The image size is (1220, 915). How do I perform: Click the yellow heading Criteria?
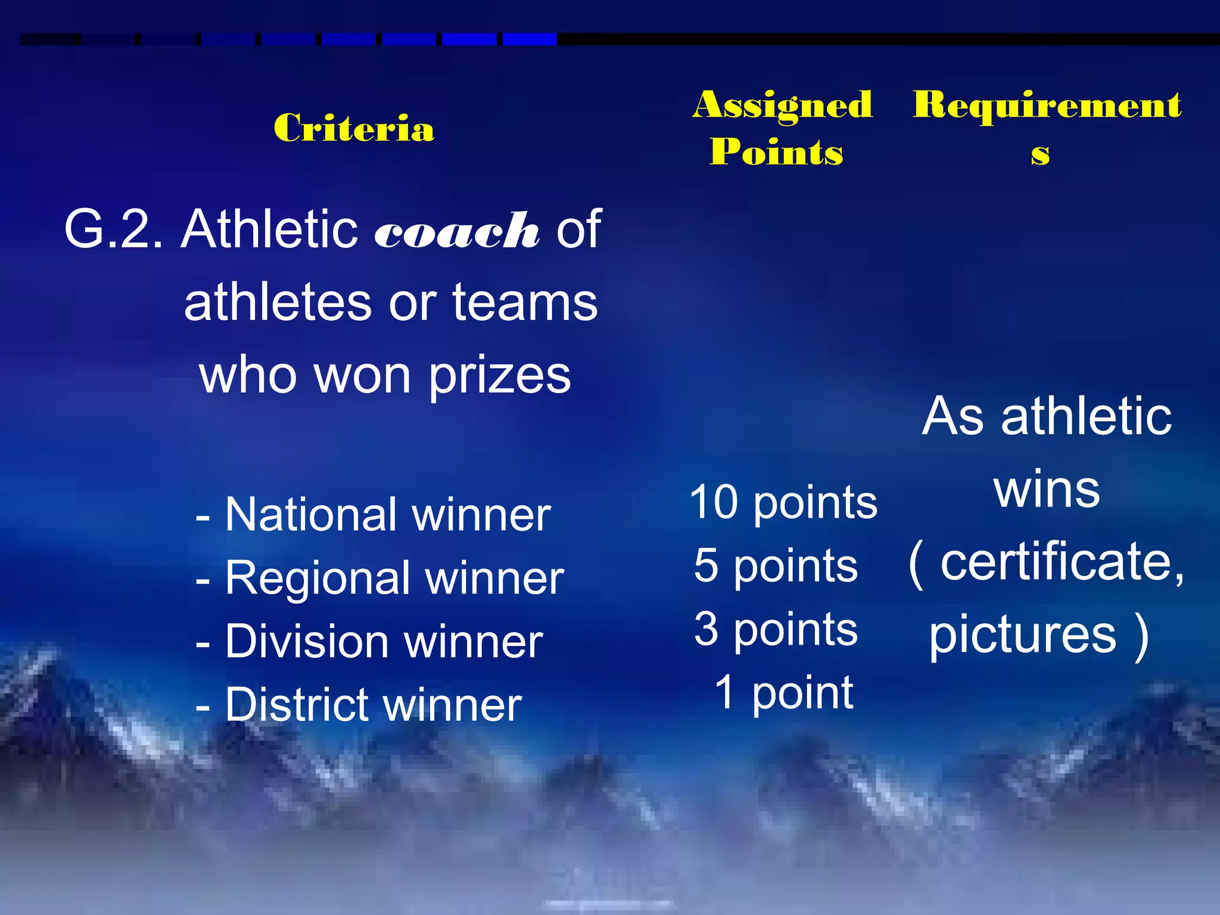(x=354, y=128)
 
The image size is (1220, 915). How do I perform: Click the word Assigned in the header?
(x=782, y=105)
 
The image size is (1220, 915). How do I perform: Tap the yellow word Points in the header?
(x=776, y=152)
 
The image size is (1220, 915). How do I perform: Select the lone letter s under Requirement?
(x=1040, y=154)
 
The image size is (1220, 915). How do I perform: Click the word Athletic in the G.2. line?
(x=269, y=229)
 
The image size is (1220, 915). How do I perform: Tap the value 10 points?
(x=783, y=502)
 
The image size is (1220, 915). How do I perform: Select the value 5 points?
(x=776, y=565)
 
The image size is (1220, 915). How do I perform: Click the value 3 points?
(x=776, y=629)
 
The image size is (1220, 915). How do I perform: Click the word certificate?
(x=1062, y=561)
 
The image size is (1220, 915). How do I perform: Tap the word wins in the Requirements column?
(x=1046, y=490)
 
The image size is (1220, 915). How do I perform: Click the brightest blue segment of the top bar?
(x=530, y=39)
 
